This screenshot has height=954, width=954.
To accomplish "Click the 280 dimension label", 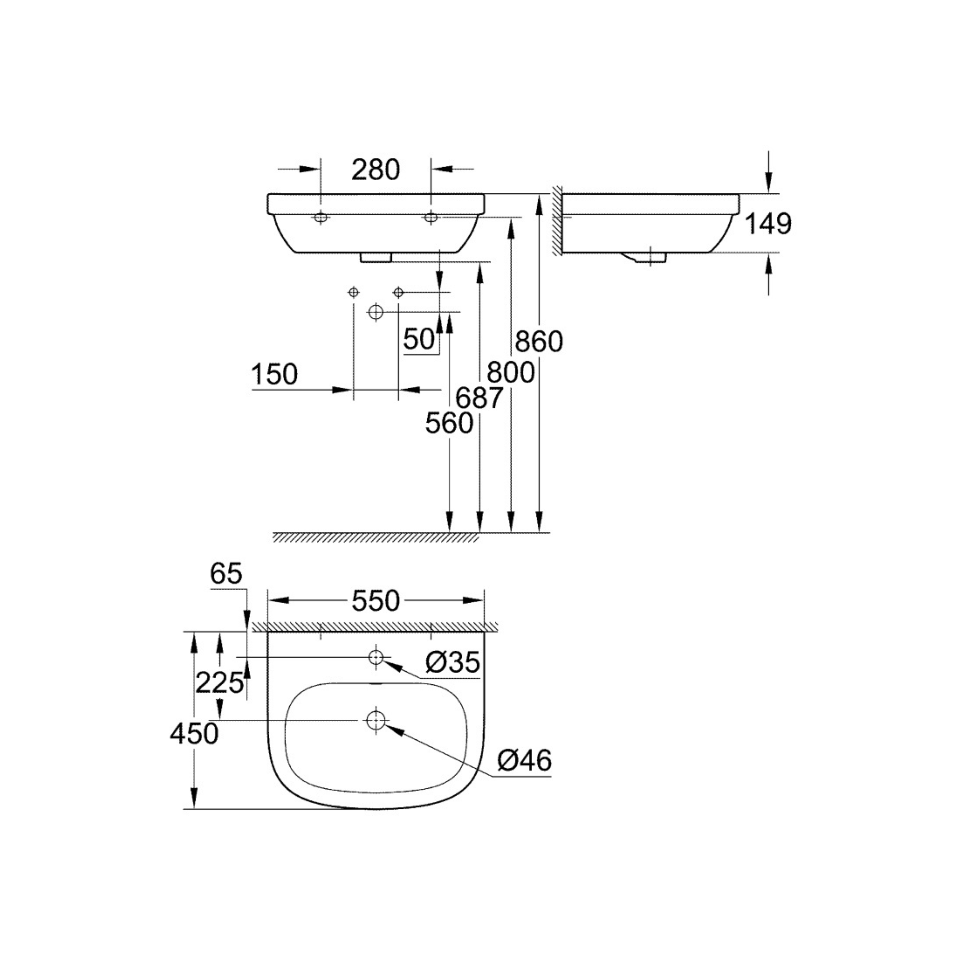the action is pyautogui.click(x=375, y=170).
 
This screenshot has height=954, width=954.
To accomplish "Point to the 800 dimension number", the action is pyautogui.click(x=510, y=372).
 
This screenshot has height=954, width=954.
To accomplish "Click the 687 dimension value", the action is pyautogui.click(x=479, y=398).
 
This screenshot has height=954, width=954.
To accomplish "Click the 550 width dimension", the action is pyautogui.click(x=375, y=601).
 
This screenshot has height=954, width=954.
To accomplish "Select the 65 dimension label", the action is pyautogui.click(x=226, y=574).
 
